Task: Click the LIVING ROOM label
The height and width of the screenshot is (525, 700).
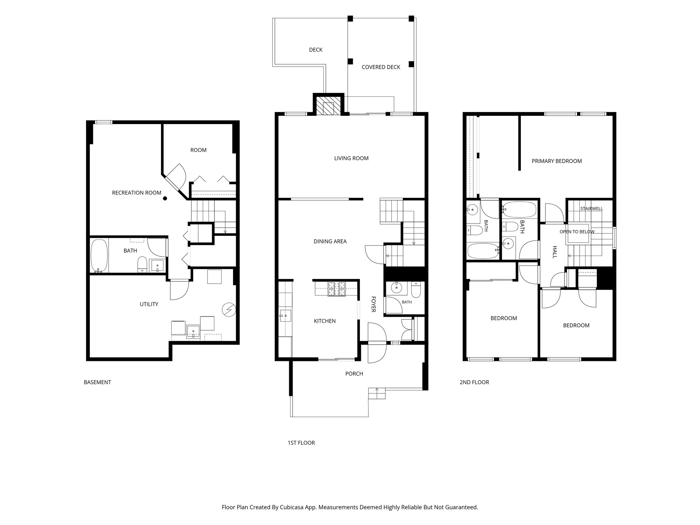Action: [x=351, y=158]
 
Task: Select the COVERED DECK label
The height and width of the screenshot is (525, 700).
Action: [x=381, y=67]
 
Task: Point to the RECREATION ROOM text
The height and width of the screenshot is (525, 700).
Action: [x=137, y=193]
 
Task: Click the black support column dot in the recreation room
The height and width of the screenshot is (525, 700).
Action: [x=165, y=198]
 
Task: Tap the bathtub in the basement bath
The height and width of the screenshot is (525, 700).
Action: [x=99, y=256]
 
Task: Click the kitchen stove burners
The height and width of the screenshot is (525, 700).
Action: [x=337, y=289]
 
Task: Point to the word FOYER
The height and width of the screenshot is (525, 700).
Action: [x=374, y=304]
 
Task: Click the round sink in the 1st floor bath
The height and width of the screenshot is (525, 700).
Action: [x=396, y=288]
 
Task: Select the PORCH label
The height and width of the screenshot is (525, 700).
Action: [x=354, y=374]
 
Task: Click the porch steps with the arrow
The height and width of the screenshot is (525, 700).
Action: [x=377, y=393]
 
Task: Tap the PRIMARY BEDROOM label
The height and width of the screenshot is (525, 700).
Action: [x=557, y=161]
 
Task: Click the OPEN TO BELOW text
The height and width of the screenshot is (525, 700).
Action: [x=577, y=232]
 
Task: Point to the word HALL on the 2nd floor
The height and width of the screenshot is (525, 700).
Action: [x=555, y=252]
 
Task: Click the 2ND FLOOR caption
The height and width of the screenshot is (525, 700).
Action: [x=474, y=382]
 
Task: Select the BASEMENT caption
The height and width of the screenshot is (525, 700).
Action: [x=97, y=382]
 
